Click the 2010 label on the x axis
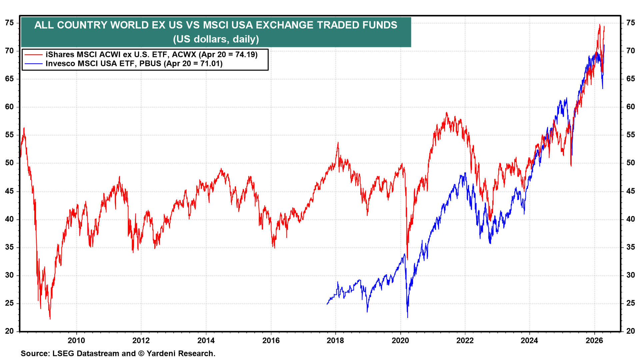[76, 340]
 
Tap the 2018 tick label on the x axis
[335, 340]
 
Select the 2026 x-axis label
[594, 340]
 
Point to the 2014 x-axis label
[206, 340]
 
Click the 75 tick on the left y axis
[9, 23]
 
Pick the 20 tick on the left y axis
[9, 331]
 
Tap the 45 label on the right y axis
[630, 191]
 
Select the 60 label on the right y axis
[630, 107]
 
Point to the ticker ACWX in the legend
[184, 55]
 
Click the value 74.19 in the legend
[245, 55]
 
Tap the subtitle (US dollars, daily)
[216, 39]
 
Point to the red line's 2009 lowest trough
[50, 319]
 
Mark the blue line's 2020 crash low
[408, 317]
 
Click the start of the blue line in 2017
[327, 304]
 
